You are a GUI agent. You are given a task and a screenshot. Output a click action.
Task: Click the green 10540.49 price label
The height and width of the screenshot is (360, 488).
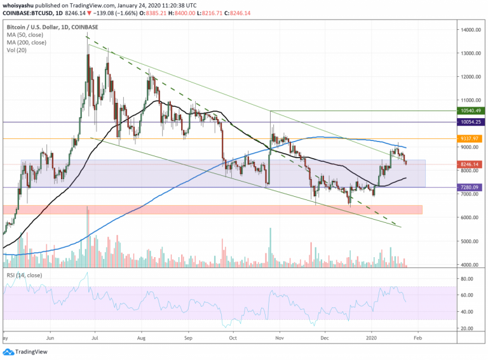[471, 111]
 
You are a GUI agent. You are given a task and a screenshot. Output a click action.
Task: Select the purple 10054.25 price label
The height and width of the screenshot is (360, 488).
[471, 121]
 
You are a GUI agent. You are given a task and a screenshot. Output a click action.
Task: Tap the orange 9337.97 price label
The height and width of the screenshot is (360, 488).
[471, 138]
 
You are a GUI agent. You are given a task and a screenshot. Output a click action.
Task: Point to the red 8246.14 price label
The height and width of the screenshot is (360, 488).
[471, 164]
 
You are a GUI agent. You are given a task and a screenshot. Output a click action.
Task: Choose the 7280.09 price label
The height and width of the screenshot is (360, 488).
[471, 187]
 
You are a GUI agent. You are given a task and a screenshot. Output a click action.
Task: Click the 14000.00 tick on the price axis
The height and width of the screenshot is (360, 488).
[471, 30]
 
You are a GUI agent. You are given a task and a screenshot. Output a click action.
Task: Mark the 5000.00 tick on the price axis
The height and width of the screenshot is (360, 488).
[471, 241]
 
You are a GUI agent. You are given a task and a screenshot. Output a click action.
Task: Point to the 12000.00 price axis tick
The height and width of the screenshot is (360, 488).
[471, 77]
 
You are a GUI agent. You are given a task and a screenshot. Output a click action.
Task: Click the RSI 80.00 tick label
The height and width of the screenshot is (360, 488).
[469, 279]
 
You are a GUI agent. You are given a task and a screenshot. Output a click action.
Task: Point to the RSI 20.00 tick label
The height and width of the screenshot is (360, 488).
[469, 328]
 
